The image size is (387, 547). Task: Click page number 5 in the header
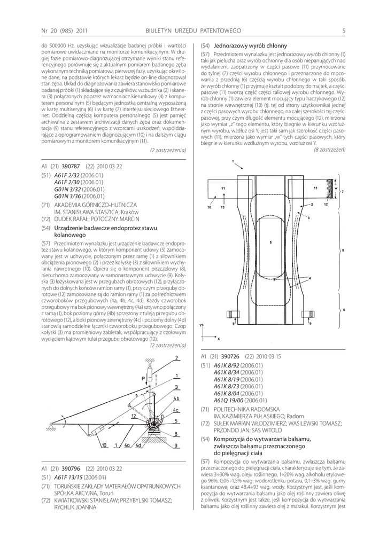coord(344,30)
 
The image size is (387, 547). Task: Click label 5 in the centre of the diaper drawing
coord(271,243)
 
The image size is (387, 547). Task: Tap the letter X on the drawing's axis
coord(218,338)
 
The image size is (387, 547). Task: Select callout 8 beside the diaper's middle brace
coord(343,250)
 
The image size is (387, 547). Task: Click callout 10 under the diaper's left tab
coord(210,206)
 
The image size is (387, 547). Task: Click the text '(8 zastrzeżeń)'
coord(330,150)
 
